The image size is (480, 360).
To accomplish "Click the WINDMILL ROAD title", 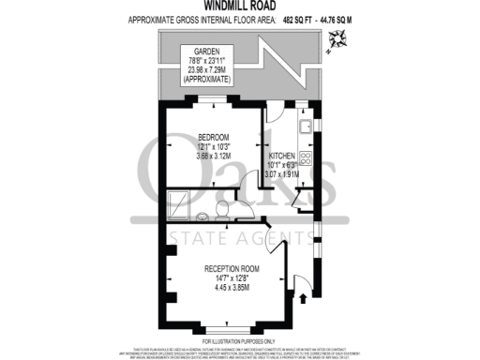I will coord(240,5).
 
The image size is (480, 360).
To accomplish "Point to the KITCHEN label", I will coord(282,156).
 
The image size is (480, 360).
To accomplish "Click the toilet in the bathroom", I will coord(218,205).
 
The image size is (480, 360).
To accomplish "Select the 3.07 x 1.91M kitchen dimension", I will coord(282,174).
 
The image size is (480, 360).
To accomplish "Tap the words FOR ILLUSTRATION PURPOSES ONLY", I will coord(239,341).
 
